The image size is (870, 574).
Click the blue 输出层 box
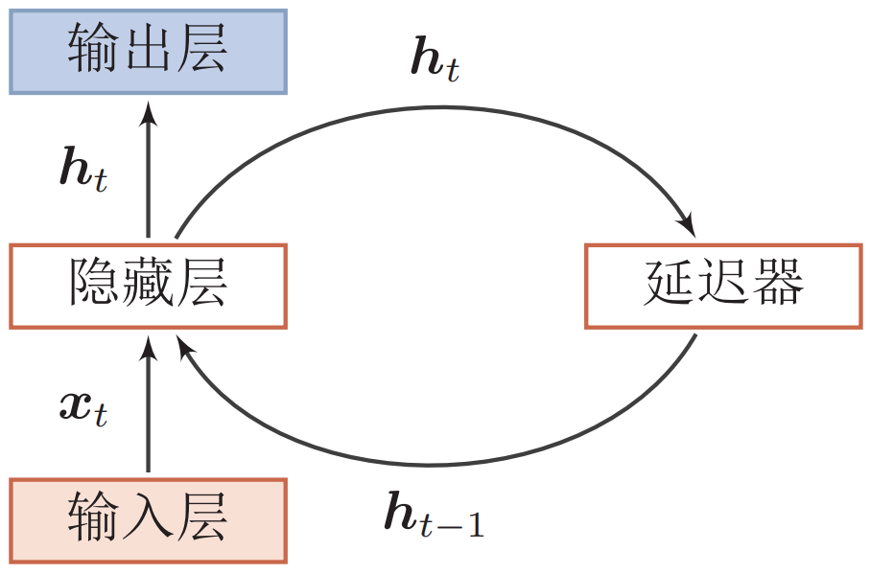tap(148, 52)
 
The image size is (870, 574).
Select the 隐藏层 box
tap(148, 287)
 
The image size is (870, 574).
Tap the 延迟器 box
tap(723, 287)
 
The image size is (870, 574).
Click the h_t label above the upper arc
tap(434, 60)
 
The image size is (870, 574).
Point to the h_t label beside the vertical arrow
tap(82, 169)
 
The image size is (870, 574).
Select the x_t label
tap(82, 406)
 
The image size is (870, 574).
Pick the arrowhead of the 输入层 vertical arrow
tap(148, 348)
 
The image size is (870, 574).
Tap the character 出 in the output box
tap(148, 52)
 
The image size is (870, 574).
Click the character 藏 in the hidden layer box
tap(148, 287)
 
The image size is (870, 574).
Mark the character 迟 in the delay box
tap(723, 287)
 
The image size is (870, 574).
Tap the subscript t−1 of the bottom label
tap(454, 524)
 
